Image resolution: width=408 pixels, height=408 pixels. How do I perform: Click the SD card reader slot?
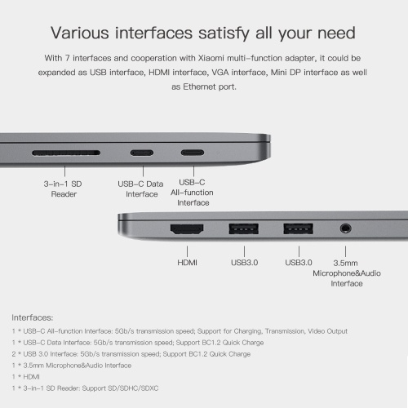[x=66, y=153]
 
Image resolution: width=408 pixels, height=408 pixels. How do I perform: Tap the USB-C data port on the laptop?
[x=142, y=153]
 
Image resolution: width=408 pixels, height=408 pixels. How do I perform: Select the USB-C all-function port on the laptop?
[x=193, y=153]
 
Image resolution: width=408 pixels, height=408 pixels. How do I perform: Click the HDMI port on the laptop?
[x=187, y=229]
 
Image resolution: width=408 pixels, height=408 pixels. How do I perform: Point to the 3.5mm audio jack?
[x=345, y=228]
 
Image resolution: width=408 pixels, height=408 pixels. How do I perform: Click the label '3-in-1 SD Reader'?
[x=63, y=189]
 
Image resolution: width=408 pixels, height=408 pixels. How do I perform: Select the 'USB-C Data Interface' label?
[x=140, y=189]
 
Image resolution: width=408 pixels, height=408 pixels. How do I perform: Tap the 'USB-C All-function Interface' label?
[x=192, y=193]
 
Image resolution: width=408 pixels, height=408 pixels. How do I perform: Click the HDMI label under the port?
[x=187, y=263]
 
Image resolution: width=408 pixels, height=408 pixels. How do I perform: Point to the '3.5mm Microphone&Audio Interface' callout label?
[x=347, y=273]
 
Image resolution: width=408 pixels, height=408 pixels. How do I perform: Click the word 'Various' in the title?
[x=80, y=33]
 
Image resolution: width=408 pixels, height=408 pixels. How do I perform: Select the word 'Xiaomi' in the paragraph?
[x=211, y=58]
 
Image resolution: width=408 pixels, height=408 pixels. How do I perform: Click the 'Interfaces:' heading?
[x=33, y=317]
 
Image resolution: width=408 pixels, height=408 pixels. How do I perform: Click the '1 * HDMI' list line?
[x=26, y=377]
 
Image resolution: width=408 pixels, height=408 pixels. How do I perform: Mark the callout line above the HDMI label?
[x=187, y=251]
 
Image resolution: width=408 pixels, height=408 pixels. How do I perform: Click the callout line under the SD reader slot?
[x=64, y=171]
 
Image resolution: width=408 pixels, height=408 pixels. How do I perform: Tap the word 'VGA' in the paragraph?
[x=220, y=73]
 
